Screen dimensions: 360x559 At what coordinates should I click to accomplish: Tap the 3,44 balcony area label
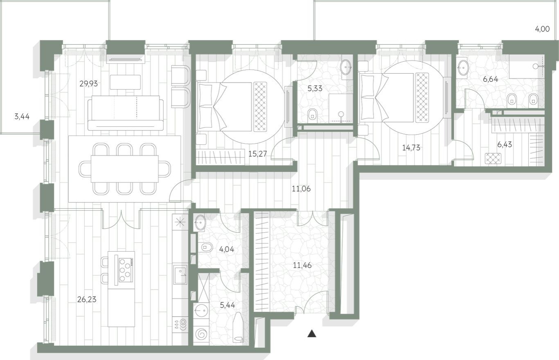(x=22, y=117)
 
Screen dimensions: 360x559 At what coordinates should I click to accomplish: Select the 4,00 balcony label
(x=542, y=29)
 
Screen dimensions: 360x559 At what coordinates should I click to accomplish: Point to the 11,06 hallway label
(x=301, y=189)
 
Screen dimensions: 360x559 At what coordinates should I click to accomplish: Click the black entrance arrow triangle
(x=312, y=333)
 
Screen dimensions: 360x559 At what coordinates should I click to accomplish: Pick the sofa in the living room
(x=126, y=113)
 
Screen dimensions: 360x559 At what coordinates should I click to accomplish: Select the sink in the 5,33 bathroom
(x=346, y=66)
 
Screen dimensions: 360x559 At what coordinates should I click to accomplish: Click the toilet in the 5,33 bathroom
(x=313, y=115)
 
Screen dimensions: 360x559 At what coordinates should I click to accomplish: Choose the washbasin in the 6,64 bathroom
(x=463, y=68)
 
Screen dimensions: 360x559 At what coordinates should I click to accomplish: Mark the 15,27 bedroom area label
(x=257, y=154)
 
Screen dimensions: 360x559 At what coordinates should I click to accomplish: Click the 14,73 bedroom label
(x=411, y=148)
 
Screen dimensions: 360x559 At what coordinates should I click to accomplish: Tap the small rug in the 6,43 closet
(x=493, y=158)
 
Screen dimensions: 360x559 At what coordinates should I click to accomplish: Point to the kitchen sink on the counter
(x=180, y=274)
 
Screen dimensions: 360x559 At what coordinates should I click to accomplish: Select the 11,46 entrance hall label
(x=302, y=265)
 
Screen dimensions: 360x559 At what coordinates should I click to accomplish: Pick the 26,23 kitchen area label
(x=87, y=299)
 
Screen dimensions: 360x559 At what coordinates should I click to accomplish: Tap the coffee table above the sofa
(x=125, y=81)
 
